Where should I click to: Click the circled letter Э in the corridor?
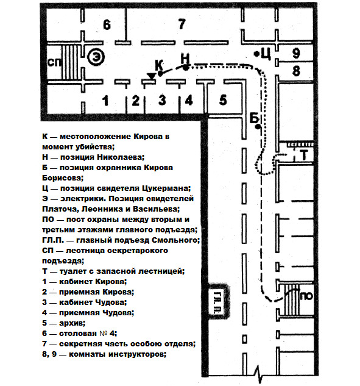pos(96,57)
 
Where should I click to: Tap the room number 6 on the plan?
pos(107,25)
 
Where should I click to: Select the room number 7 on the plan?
pos(182,24)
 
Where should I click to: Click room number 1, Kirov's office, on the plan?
pos(105,101)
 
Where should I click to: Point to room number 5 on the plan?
pos(223,99)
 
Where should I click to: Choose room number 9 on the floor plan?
pos(296,53)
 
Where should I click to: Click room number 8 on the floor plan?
pos(296,71)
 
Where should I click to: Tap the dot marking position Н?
pos(186,67)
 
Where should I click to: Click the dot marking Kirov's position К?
pos(160,73)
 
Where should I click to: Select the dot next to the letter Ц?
pos(256,54)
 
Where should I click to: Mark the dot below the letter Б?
pos(258,127)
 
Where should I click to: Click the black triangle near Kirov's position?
pos(151,76)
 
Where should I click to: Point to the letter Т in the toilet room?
pos(304,155)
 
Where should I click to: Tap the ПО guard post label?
pos(306,296)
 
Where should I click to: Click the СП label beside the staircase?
pos(54,63)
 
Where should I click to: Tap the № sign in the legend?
pos(104,334)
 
